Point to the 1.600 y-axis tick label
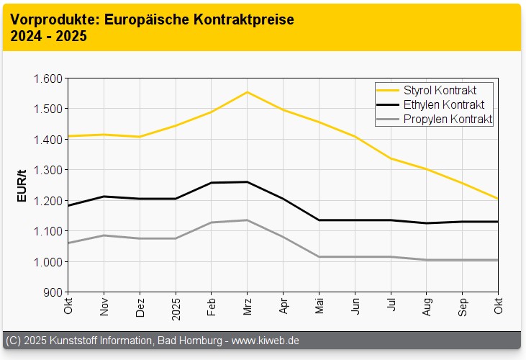pyautogui.click(x=47, y=78)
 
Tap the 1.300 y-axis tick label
pyautogui.click(x=47, y=170)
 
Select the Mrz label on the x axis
pyautogui.click(x=248, y=306)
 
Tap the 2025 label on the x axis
pyautogui.click(x=176, y=308)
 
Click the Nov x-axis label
pyautogui.click(x=104, y=307)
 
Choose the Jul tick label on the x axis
pyautogui.click(x=391, y=305)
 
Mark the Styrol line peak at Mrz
pyautogui.click(x=248, y=92)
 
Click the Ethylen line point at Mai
pyautogui.click(x=319, y=220)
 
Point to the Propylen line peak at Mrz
pyautogui.click(x=248, y=220)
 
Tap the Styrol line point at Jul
pyautogui.click(x=391, y=158)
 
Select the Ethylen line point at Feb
pyautogui.click(x=212, y=183)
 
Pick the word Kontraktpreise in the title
pyautogui.click(x=245, y=20)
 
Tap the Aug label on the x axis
pyautogui.click(x=427, y=306)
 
